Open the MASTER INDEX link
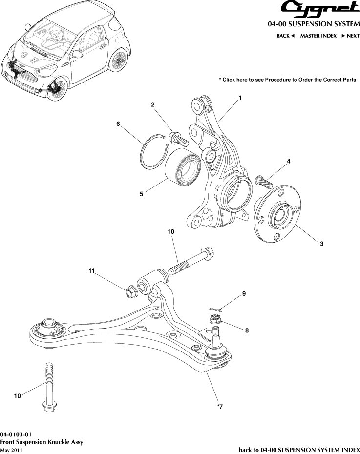[318, 36]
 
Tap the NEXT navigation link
[350, 36]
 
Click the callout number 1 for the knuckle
[240, 98]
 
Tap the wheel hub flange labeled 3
[276, 217]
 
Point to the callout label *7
[220, 406]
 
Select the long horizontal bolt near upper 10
[191, 262]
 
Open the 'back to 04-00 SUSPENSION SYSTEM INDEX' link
[299, 449]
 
